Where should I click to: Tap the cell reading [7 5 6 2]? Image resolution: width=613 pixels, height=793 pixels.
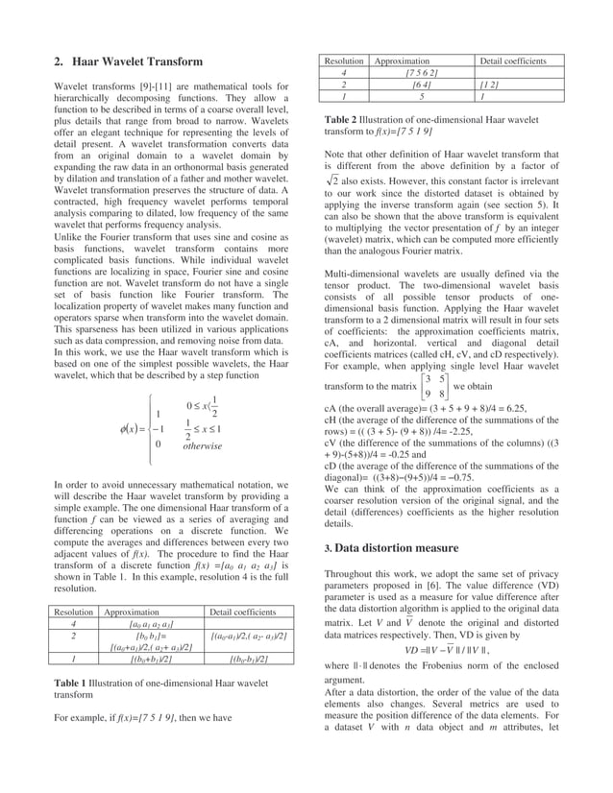(422, 73)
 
